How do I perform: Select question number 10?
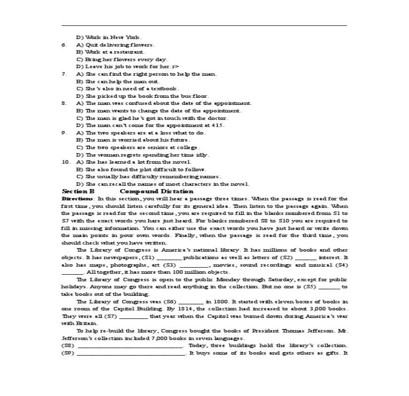point(65,162)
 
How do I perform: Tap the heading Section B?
point(78,191)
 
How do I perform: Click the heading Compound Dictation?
point(157,191)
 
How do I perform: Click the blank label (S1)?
point(148,257)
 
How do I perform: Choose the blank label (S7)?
point(110,316)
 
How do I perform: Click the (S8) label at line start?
point(68,345)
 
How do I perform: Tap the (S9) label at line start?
point(68,353)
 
